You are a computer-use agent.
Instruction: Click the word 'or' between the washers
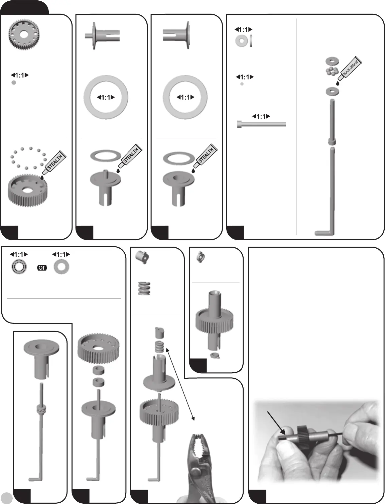(x=42, y=268)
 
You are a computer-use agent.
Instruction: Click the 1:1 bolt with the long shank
(x=261, y=124)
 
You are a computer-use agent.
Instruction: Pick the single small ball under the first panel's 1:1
(x=14, y=83)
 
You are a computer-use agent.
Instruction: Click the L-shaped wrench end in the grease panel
(x=323, y=232)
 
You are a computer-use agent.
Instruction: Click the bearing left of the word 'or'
(x=19, y=267)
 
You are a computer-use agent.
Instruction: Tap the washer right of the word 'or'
(x=61, y=267)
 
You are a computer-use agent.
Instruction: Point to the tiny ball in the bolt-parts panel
(x=242, y=84)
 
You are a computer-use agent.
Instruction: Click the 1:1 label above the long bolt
(x=261, y=116)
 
